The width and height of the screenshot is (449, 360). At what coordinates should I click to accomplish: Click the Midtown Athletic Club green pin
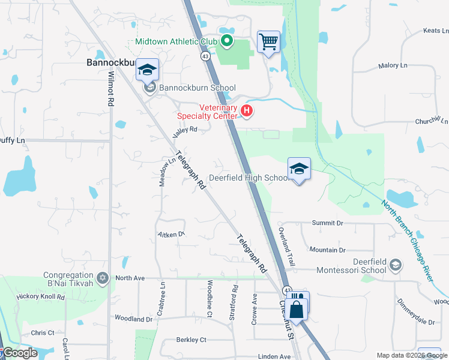(x=227, y=41)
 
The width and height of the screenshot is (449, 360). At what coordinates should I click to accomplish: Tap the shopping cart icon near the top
(x=268, y=42)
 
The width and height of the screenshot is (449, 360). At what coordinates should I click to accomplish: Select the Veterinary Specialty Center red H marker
(x=246, y=110)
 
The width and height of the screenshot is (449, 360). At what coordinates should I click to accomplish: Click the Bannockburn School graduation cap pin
(x=146, y=70)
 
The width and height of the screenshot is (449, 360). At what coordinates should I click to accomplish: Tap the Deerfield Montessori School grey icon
(x=396, y=264)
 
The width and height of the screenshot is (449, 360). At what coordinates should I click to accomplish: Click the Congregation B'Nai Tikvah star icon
(x=103, y=278)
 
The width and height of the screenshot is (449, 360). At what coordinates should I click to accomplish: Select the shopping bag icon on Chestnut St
(x=297, y=310)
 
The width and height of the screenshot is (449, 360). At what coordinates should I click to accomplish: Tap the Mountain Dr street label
(x=327, y=250)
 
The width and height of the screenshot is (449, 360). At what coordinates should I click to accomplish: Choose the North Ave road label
(x=130, y=278)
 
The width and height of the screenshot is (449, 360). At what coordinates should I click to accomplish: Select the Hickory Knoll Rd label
(x=40, y=296)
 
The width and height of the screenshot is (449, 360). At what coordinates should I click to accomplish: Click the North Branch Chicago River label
(x=414, y=233)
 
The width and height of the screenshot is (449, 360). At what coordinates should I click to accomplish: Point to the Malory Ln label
(x=393, y=66)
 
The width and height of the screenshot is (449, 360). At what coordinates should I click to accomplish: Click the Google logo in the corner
(x=19, y=353)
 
